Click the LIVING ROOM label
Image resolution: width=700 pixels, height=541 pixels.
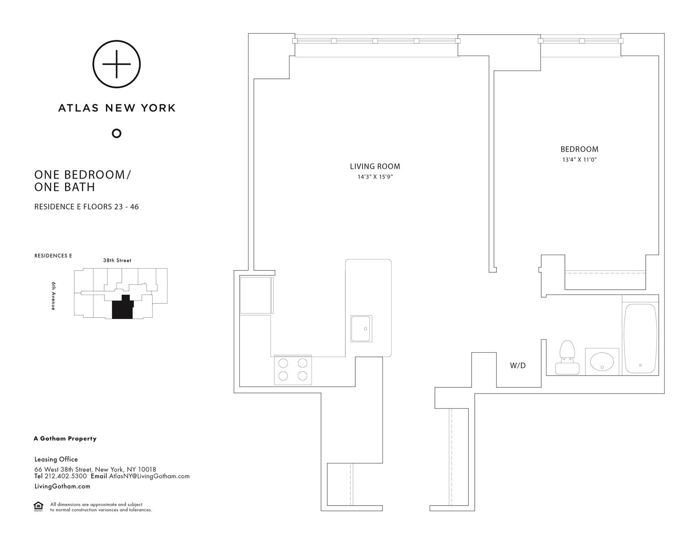(375, 166)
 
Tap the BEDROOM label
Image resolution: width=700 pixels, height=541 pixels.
(579, 149)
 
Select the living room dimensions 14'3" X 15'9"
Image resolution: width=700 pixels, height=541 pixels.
(375, 177)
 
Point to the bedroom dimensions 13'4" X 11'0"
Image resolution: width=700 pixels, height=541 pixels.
(579, 160)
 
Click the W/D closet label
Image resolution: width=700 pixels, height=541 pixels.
(518, 365)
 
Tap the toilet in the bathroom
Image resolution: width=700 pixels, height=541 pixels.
(567, 358)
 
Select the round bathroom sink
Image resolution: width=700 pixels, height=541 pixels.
(602, 362)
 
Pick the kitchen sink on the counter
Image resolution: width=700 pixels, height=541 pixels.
(361, 329)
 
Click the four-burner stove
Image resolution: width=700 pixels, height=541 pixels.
(293, 370)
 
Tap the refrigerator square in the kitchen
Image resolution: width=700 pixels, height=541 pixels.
(256, 295)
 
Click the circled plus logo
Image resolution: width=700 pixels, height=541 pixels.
(116, 64)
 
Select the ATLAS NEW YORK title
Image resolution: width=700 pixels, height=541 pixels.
(117, 108)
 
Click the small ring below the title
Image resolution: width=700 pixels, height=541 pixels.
(116, 133)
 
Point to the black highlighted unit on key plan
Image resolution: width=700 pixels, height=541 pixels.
(121, 309)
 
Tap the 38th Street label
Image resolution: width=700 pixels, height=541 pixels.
(117, 260)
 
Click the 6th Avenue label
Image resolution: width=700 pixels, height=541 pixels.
(53, 296)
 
